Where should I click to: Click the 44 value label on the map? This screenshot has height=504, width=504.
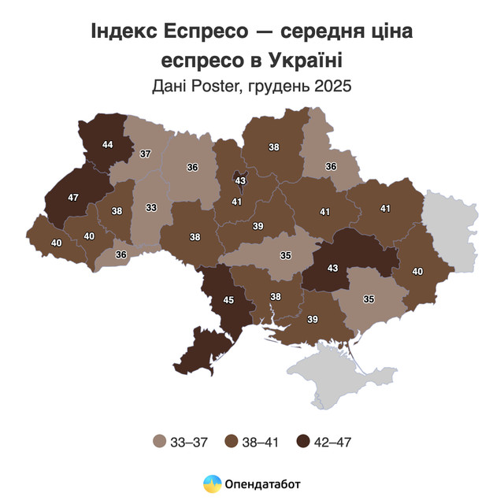click(107, 145)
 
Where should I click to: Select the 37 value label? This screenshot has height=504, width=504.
click(146, 154)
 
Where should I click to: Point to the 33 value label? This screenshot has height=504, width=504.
click(150, 208)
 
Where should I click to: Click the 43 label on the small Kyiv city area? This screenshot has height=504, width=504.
click(241, 180)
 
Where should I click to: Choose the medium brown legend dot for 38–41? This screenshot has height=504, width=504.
click(232, 442)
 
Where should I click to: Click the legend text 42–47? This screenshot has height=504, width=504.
click(332, 442)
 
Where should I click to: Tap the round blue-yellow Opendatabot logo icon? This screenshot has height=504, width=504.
click(212, 484)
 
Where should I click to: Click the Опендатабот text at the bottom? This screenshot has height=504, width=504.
click(263, 484)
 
